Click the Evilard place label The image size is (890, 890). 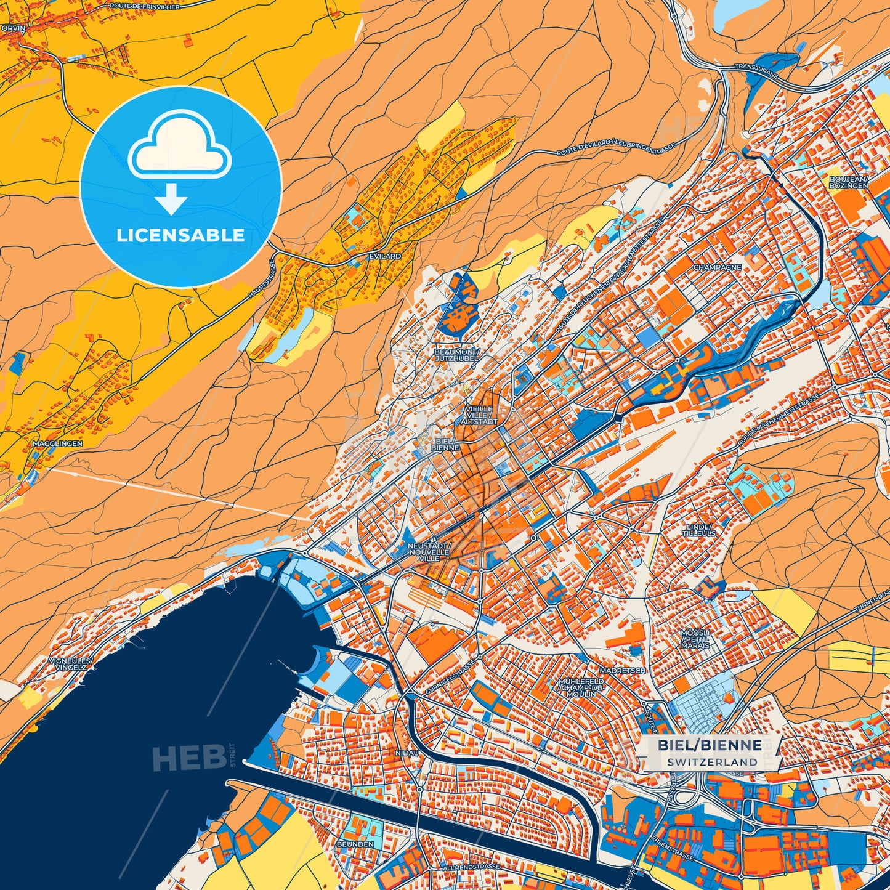pos(385,256)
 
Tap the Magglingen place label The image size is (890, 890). pos(57,443)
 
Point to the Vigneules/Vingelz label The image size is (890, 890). pos(69,663)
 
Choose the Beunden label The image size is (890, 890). pos(355,843)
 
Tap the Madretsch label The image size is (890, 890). pos(622,670)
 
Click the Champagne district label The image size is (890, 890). pos(717,268)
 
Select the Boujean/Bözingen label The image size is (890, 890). pos(848,182)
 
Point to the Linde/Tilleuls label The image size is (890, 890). pos(698,530)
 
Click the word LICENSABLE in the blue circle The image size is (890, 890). pos(180,235)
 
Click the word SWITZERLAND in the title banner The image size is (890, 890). pos(711,762)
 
